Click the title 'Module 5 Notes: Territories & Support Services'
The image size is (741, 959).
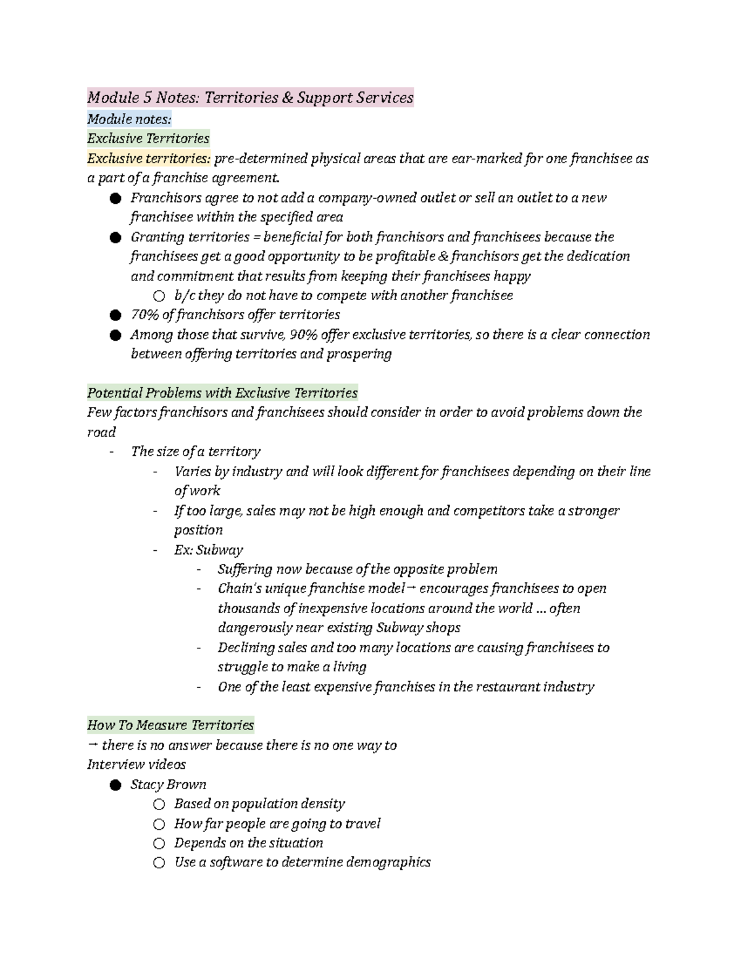point(250,98)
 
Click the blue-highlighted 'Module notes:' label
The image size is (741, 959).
point(129,119)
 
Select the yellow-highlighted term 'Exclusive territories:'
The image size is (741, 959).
point(148,159)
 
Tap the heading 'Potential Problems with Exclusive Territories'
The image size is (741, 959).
point(222,393)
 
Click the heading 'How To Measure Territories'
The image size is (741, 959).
point(170,725)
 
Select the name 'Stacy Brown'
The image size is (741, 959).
point(168,784)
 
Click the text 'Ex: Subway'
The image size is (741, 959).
point(208,550)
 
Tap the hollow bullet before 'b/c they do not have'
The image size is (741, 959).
point(159,296)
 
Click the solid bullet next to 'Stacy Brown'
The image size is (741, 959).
point(114,785)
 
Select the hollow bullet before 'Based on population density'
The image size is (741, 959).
point(159,804)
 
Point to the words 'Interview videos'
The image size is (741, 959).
point(136,764)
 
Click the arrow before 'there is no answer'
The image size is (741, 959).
point(93,745)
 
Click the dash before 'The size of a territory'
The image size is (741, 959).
point(112,452)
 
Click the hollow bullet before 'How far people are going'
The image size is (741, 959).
point(159,824)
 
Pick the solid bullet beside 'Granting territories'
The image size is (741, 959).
point(114,238)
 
